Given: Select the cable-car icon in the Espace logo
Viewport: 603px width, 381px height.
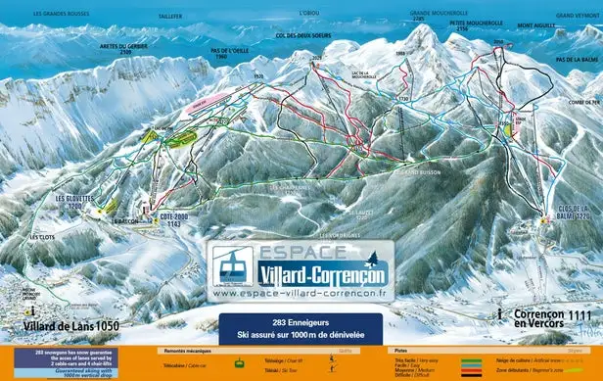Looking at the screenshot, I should pyautogui.click(x=229, y=265).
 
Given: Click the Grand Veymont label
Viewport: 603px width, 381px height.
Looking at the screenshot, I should pyautogui.click(x=578, y=16).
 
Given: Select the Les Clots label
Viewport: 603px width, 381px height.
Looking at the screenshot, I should pyautogui.click(x=42, y=236).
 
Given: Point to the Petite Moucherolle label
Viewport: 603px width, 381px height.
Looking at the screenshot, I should pyautogui.click(x=476, y=24).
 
